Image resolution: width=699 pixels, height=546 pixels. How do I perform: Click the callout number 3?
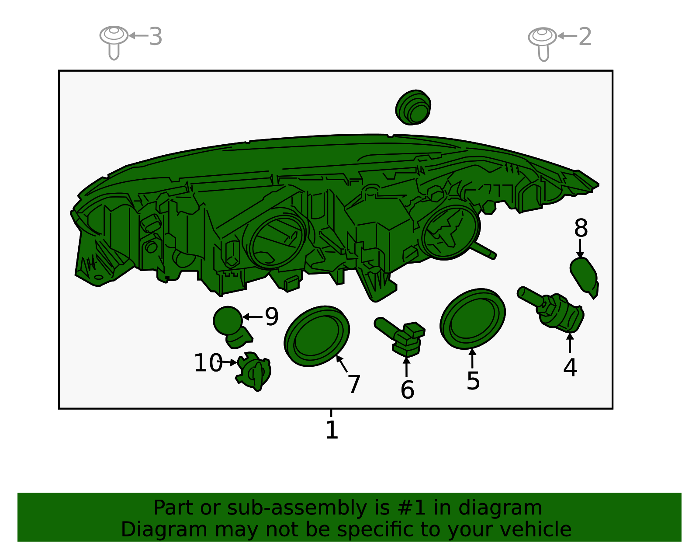click(156, 36)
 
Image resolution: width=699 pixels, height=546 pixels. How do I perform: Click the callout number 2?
click(585, 36)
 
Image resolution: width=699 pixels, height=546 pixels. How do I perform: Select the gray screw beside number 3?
click(114, 42)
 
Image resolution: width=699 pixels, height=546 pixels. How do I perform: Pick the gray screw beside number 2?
click(542, 43)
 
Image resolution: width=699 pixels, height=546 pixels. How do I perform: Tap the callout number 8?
click(581, 228)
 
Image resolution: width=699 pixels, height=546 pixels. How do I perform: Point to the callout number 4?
click(570, 367)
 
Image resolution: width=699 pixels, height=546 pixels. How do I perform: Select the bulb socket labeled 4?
click(551, 310)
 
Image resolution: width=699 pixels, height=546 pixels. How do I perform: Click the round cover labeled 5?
click(473, 319)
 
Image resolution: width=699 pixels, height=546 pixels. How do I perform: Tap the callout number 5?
click(473, 381)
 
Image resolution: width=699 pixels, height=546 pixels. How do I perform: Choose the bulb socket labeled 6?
click(400, 337)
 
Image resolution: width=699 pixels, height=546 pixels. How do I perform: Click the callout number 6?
click(407, 390)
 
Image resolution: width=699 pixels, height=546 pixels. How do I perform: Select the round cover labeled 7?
click(317, 336)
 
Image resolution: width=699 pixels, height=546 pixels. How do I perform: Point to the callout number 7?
click(354, 384)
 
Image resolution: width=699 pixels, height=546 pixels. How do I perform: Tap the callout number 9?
click(271, 316)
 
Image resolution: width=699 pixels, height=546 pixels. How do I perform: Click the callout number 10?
click(208, 362)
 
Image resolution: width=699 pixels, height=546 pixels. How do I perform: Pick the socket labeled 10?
click(253, 371)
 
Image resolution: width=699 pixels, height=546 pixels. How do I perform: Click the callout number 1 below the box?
click(332, 430)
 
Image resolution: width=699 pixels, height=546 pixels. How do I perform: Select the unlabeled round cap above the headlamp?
click(413, 108)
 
